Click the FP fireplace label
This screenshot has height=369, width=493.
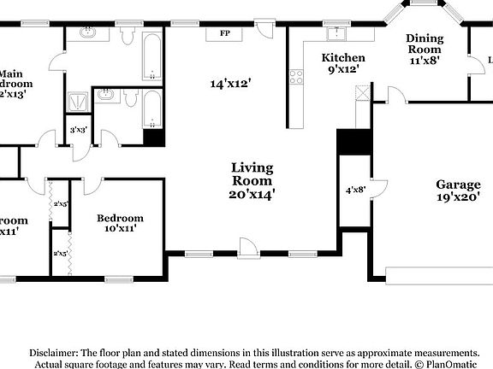[225, 33]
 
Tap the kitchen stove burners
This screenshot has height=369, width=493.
[297, 78]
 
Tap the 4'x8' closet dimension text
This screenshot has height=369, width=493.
[355, 190]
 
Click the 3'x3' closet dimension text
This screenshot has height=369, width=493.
[76, 130]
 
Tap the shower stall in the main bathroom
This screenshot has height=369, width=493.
[78, 100]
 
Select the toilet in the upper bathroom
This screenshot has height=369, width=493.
[128, 36]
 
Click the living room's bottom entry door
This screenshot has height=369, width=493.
[248, 248]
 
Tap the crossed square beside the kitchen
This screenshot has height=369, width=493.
[362, 93]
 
